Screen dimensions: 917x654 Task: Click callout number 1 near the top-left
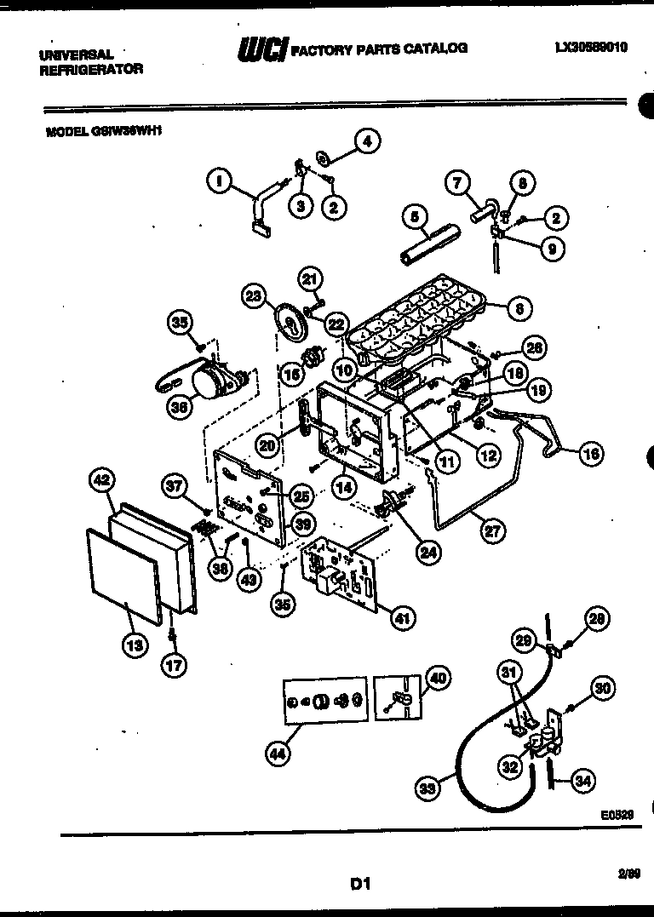click(x=219, y=180)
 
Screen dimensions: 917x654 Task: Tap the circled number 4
click(x=366, y=142)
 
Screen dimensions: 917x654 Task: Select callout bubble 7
click(x=457, y=182)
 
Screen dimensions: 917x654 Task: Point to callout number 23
click(x=253, y=296)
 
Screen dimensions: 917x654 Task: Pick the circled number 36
click(x=179, y=408)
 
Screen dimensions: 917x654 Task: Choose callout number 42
click(x=101, y=481)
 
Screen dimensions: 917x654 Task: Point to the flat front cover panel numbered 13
click(x=123, y=575)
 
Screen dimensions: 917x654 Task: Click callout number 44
click(x=276, y=754)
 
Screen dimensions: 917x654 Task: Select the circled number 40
click(x=437, y=678)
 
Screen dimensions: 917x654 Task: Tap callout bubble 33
click(x=429, y=788)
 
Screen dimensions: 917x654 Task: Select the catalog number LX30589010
click(x=590, y=48)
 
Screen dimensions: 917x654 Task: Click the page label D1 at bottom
click(x=360, y=885)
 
